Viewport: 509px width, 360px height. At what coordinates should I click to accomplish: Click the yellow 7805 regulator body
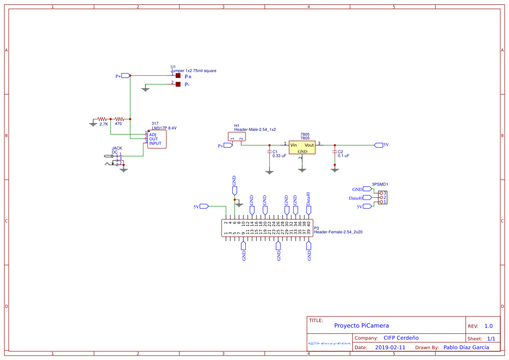pos(302,147)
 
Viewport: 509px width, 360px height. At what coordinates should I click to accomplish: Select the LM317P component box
pos(157,139)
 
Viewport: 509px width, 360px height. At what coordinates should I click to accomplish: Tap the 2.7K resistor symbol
pos(102,119)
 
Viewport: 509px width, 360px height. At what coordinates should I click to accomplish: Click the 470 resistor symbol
pos(119,119)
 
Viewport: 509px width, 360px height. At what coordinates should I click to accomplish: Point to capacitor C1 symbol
pos(269,152)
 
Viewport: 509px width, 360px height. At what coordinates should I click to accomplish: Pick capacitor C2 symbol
pos(334,152)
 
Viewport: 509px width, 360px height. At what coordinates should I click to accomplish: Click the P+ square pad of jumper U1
pos(178,76)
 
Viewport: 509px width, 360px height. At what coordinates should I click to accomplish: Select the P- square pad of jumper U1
pos(178,84)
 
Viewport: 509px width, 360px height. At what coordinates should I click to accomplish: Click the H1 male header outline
pos(237,136)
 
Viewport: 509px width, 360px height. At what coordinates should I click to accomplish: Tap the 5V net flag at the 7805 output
pos(378,145)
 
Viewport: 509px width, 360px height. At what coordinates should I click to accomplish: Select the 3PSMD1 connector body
pos(383,197)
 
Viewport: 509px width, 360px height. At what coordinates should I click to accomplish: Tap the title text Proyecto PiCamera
pos(361,326)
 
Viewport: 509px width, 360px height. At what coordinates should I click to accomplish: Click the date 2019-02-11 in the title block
pos(390,348)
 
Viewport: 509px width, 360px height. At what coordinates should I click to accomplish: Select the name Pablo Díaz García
pos(466,347)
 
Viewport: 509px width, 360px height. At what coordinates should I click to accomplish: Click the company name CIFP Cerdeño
pos(401,338)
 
